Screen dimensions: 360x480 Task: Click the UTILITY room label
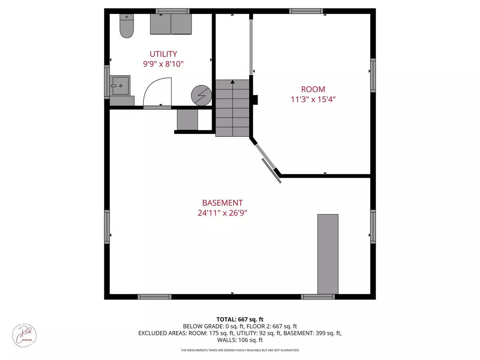point(163,54)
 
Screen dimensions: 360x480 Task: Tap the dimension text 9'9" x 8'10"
point(163,64)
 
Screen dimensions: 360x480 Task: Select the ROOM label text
point(313,89)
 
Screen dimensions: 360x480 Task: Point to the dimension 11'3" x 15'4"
point(313,99)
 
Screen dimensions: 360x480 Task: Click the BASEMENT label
point(222,203)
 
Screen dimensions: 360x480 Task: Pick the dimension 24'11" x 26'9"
point(222,213)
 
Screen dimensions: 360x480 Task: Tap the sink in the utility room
point(120,85)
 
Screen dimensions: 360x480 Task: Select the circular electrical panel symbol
point(200,95)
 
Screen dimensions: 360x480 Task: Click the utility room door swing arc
point(156,92)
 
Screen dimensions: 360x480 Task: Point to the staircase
point(232,108)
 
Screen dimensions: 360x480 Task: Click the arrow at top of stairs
point(232,82)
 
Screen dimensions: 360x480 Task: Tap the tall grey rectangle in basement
point(328,254)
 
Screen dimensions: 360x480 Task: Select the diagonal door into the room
point(266,156)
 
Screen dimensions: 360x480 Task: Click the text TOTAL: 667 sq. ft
point(240,319)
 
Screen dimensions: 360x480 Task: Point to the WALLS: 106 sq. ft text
point(240,340)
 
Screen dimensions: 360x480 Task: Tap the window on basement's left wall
point(107,227)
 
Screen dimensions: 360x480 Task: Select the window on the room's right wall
point(373,75)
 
